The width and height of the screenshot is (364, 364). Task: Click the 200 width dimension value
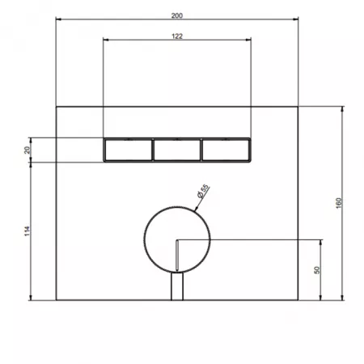[x=177, y=15]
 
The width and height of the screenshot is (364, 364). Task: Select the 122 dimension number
[x=177, y=36]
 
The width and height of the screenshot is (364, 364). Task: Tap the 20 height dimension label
[x=28, y=150]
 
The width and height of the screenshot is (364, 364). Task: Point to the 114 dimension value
[x=28, y=231]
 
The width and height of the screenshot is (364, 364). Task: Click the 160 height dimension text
[x=339, y=203]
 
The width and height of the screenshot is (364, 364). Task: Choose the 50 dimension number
[x=317, y=270]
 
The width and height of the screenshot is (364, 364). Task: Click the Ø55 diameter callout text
[x=203, y=191]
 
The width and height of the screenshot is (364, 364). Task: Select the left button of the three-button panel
[x=129, y=150]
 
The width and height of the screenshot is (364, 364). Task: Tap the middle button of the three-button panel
[x=177, y=150]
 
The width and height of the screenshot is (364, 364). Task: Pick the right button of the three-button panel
[x=226, y=150]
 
